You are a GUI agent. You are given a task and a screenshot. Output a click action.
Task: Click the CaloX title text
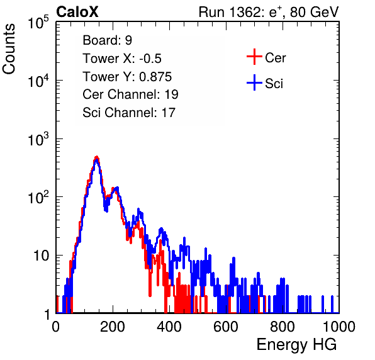(77, 12)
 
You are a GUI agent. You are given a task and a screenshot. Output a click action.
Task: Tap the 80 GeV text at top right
(314, 12)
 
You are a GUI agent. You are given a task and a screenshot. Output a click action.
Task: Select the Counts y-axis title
(9, 49)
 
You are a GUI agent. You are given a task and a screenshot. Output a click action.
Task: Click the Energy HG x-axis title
(296, 345)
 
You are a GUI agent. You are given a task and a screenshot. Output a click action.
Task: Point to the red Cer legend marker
(254, 57)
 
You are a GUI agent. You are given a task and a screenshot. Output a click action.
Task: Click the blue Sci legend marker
(254, 82)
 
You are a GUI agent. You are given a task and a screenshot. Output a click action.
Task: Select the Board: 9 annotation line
(108, 40)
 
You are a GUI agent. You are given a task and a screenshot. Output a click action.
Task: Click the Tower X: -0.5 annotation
(122, 59)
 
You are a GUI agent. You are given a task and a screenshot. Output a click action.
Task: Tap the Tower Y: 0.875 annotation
(127, 77)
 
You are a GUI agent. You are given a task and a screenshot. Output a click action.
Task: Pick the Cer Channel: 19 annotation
(130, 94)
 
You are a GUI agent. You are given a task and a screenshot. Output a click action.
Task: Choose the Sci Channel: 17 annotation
(129, 113)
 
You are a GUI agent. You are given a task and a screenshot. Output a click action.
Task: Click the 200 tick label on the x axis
(113, 327)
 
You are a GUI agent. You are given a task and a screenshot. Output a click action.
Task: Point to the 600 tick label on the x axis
(226, 327)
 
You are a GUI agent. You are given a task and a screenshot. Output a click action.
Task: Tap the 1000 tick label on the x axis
(339, 327)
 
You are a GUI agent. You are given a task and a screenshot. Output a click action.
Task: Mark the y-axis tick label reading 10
(42, 256)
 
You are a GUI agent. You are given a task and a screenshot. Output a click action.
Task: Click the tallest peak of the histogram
(96, 157)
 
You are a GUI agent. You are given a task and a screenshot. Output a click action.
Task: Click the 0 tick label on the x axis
(56, 327)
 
